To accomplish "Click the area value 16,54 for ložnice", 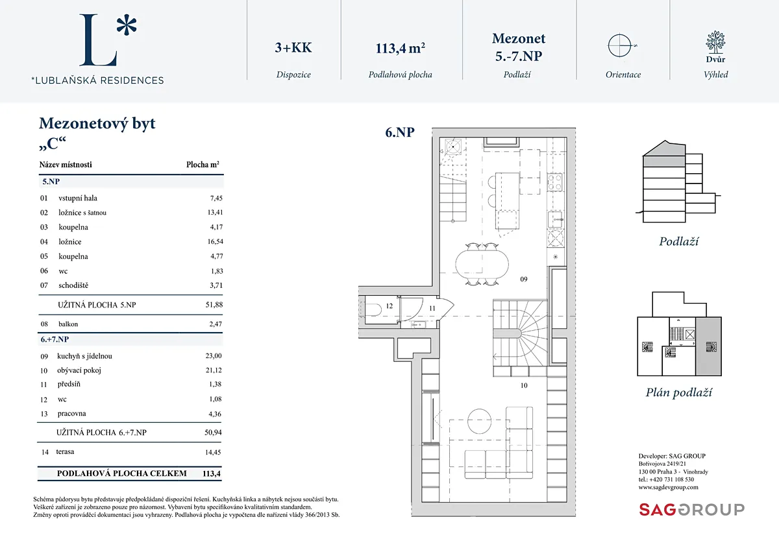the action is coord(216,241).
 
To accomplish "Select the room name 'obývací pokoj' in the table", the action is coord(79,370).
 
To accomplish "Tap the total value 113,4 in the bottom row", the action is coord(212,473).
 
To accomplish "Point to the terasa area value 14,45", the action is coord(213,452).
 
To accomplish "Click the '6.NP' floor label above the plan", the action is coord(400,132).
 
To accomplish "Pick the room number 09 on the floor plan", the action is coord(524,280).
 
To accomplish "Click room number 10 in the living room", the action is coord(524,385).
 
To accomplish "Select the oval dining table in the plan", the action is coord(482,265).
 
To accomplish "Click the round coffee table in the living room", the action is coord(479,421).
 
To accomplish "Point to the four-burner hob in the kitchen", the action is coord(554,182).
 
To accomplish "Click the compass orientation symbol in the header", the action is coord(620,45).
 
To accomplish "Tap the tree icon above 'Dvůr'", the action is coord(715,42).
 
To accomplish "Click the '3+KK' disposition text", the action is coord(293,47).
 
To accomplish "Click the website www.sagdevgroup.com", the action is coord(668,487).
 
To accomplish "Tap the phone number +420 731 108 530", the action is coord(671,479).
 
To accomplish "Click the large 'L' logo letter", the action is coord(98,40).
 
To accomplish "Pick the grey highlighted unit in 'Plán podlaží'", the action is coord(708,346).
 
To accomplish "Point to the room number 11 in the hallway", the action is coord(432,308).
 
